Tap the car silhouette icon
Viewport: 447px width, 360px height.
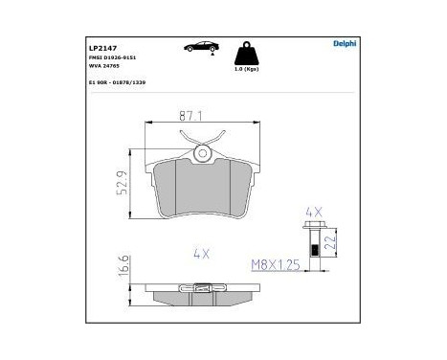197,46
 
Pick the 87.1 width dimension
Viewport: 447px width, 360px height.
200,114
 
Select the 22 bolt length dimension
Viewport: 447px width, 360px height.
331,243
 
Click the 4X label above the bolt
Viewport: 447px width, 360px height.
313,211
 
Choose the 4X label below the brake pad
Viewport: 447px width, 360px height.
200,254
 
